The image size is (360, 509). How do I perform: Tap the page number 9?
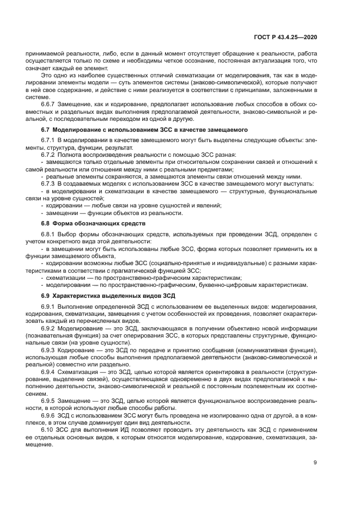point(315,463)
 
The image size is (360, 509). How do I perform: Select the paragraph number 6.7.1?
point(51,140)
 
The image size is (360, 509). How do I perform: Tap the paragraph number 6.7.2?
point(51,155)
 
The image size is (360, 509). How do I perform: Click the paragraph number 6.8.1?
point(51,234)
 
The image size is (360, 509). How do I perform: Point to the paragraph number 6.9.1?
point(51,306)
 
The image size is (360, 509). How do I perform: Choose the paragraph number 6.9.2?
point(51,328)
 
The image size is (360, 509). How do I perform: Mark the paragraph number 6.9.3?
point(51,350)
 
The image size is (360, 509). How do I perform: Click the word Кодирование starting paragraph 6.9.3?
point(80,350)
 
